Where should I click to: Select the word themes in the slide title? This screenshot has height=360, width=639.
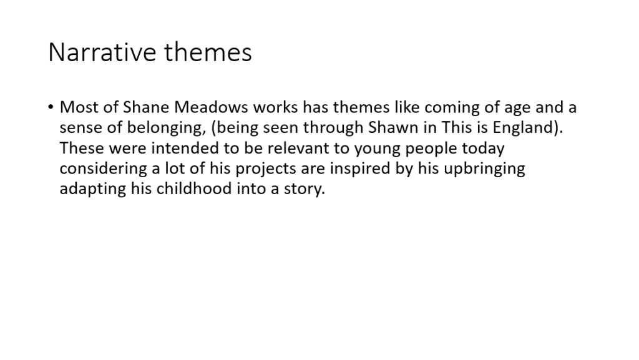pyautogui.click(x=208, y=52)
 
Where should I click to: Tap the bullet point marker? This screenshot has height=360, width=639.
pyautogui.click(x=51, y=107)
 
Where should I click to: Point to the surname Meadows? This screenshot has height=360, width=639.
pyautogui.click(x=211, y=107)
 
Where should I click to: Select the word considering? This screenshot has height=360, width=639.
pyautogui.click(x=103, y=169)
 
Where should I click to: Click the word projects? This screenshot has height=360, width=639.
pyautogui.click(x=266, y=169)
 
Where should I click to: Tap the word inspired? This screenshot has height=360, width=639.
pyautogui.click(x=360, y=169)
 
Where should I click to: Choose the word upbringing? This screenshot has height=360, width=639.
pyautogui.click(x=484, y=169)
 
